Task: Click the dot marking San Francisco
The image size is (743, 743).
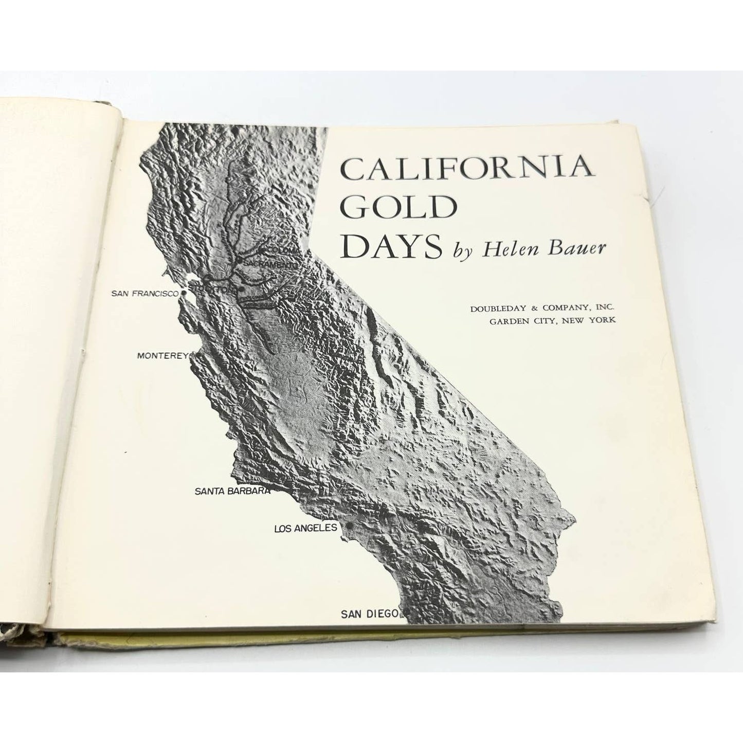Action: coord(184,294)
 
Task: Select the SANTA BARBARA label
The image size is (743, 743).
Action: coord(232,491)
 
